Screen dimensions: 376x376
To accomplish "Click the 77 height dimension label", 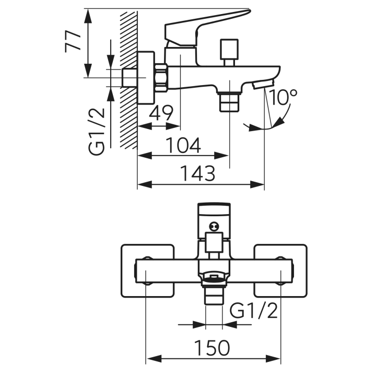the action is (x=73, y=41).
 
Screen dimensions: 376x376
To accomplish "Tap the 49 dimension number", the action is (x=160, y=113).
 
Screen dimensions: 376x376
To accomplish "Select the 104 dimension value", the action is (x=183, y=145).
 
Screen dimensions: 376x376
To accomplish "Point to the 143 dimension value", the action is (x=197, y=173).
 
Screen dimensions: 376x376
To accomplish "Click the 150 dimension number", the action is (x=212, y=348).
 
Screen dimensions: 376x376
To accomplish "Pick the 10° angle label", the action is (x=284, y=97).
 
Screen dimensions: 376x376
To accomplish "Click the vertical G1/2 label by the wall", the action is (x=97, y=132).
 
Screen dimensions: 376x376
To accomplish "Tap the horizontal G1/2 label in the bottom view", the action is (x=253, y=311).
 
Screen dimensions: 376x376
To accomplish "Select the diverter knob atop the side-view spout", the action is (x=229, y=52).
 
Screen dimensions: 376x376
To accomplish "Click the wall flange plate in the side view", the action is (x=146, y=77).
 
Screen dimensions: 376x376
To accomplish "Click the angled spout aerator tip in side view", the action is (x=263, y=84).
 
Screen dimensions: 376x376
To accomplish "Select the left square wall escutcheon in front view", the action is (x=147, y=271).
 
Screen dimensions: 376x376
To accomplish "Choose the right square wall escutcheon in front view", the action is (x=280, y=271).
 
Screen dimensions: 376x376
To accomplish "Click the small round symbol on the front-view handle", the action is (x=214, y=226).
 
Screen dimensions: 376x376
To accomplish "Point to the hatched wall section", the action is (x=129, y=80).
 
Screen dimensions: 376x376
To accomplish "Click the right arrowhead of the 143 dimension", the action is (x=257, y=185).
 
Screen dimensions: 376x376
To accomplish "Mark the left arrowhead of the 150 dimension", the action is (x=154, y=359).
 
